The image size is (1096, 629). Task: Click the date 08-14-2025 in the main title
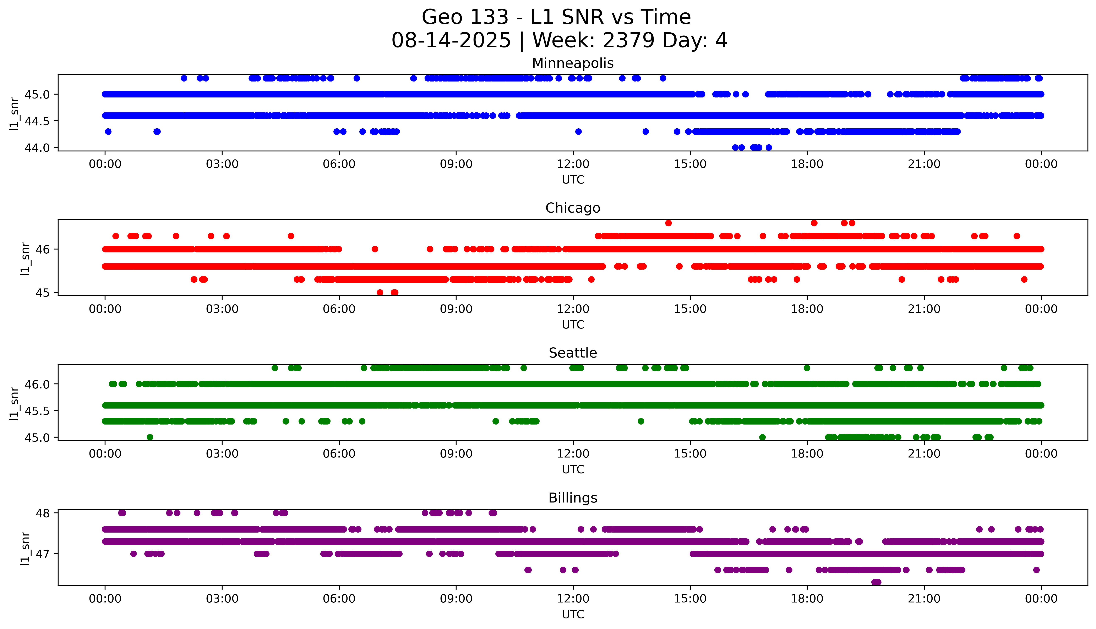pyautogui.click(x=451, y=41)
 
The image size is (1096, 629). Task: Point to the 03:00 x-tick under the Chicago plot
pyautogui.click(x=222, y=309)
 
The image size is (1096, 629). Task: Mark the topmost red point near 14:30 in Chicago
pyautogui.click(x=668, y=223)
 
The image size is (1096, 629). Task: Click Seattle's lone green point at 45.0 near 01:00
pyautogui.click(x=150, y=437)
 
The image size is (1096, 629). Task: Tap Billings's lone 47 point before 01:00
pyautogui.click(x=133, y=554)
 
